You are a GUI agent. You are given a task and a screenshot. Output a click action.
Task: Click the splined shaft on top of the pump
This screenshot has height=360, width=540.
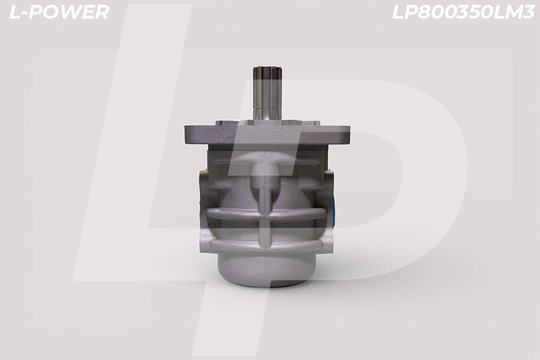click(268, 93)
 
